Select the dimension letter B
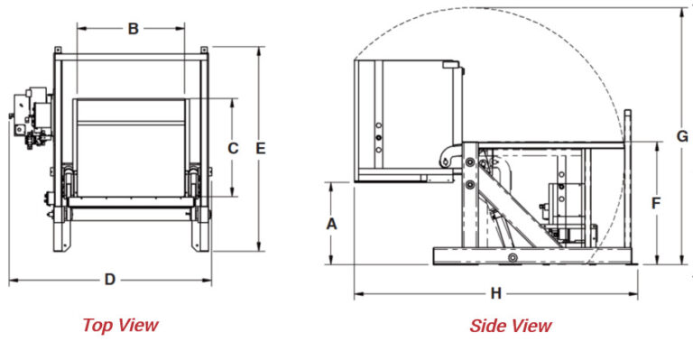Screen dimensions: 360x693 tap(132, 29)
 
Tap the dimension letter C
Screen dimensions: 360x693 tap(232, 148)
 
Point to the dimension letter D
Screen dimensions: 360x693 tap(110, 280)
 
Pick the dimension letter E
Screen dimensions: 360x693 tap(261, 148)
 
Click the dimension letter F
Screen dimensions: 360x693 tap(657, 203)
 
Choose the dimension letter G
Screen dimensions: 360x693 tap(682, 136)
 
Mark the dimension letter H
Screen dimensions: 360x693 tap(495, 293)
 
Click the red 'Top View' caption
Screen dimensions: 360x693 tap(120, 325)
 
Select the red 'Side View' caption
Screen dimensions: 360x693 tap(510, 326)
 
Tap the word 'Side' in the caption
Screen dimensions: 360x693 tap(488, 326)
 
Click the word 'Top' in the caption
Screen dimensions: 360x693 tap(97, 325)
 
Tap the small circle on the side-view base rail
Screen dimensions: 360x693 tap(512, 259)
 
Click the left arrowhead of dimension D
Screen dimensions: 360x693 tap(12, 281)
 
